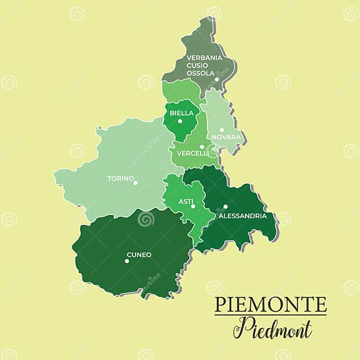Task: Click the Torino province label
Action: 120,179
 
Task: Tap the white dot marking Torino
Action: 136,182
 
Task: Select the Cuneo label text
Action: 139,254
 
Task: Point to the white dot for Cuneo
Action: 127,261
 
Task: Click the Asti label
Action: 186,201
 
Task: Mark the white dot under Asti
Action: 193,206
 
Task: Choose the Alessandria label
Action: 242,216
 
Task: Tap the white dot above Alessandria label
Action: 226,207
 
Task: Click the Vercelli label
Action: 192,153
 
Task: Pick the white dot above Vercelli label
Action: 202,147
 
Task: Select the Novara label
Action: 226,137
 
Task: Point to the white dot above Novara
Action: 222,130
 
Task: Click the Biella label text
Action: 181,113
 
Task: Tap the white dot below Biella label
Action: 180,121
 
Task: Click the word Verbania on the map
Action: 204,57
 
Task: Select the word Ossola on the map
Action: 200,73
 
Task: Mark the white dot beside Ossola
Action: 217,79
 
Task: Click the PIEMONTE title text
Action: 270,305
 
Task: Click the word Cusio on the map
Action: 198,65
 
